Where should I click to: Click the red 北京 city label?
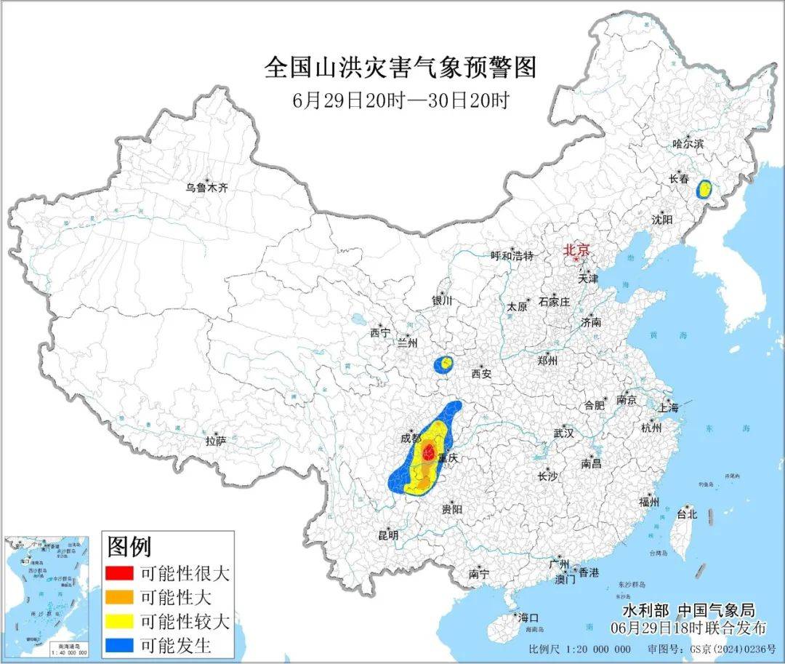pos(577,249)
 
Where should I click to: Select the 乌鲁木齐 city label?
pos(206,188)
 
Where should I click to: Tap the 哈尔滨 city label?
pos(688,144)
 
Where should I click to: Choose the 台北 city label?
pos(686,513)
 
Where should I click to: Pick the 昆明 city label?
pos(387,535)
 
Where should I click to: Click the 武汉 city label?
pos(563,433)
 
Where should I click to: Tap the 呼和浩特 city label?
pos(512,255)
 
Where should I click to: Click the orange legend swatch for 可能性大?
pos(119,598)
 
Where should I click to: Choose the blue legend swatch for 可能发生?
pos(119,645)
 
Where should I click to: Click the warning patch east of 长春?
pos(704,189)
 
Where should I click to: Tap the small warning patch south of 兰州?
pos(443,364)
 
